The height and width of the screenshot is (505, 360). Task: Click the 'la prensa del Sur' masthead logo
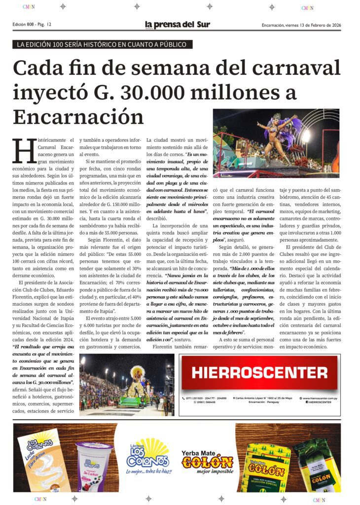[177, 25]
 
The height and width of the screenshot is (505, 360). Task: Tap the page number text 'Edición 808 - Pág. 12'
[32, 25]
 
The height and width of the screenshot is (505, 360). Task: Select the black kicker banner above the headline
[103, 44]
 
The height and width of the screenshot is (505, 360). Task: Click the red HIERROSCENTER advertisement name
[259, 372]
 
